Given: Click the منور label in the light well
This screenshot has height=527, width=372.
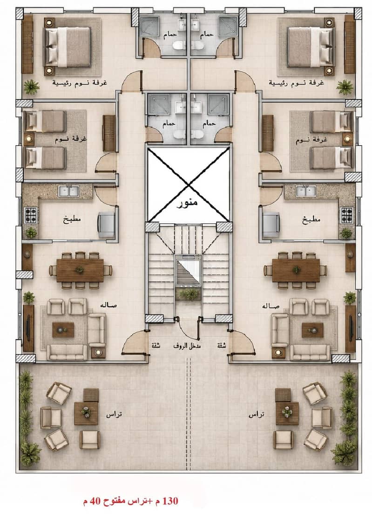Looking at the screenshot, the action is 187,202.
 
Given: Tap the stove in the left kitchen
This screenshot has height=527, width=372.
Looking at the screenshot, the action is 31,215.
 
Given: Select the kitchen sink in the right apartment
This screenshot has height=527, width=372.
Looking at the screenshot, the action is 305,191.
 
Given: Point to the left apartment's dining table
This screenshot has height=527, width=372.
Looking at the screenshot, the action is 80,270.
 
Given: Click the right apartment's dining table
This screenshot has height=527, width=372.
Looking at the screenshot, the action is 296,270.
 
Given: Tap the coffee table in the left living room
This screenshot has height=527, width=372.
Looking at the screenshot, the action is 63,330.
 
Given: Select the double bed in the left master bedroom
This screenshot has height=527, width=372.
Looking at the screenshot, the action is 68,47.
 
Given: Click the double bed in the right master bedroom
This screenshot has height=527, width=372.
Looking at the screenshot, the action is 311,47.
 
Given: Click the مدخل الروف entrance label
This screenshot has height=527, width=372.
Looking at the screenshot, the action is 187,345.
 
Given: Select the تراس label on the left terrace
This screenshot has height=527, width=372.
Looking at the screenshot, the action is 114,414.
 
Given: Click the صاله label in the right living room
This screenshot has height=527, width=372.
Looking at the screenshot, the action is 271,306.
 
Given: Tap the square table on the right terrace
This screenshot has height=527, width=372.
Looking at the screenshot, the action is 287,413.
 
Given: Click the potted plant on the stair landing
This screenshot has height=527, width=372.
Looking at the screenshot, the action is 189,294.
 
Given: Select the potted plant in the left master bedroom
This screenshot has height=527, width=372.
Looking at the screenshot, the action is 32,87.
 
